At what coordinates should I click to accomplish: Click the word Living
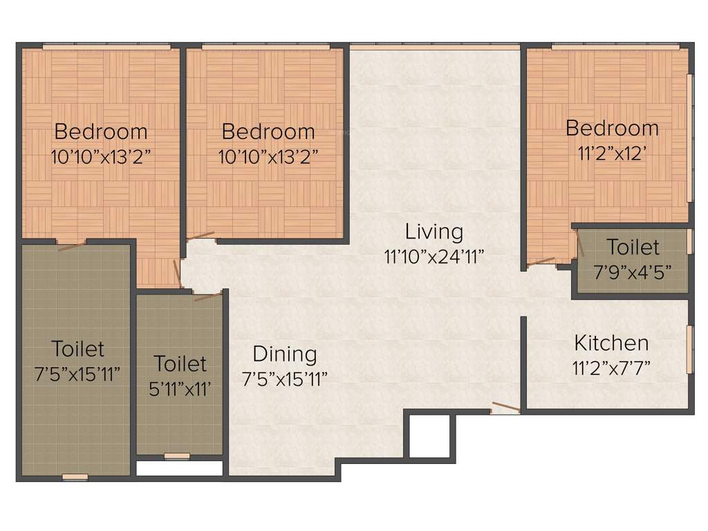pos(434,231)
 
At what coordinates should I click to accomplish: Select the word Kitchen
pos(611,343)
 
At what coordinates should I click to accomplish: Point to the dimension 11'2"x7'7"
pos(611,367)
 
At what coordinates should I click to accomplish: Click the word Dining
pos(284,354)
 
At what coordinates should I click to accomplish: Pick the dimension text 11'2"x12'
pos(611,153)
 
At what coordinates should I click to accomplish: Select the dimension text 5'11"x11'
pos(180,389)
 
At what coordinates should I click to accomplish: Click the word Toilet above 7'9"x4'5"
pos(633,247)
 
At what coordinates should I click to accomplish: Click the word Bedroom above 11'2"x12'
pos(611,128)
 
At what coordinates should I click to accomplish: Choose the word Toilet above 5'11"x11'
pos(180,364)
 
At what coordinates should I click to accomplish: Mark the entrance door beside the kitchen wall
pos(505,408)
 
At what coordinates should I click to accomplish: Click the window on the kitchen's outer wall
pos(689,349)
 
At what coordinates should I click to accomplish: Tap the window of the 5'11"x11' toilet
pos(177,456)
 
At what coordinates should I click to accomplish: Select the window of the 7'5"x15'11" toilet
pos(75,476)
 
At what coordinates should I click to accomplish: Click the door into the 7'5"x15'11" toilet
pos(72,245)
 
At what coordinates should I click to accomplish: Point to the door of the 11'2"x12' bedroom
pos(541,261)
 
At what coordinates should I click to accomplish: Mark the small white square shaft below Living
pos(429,437)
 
